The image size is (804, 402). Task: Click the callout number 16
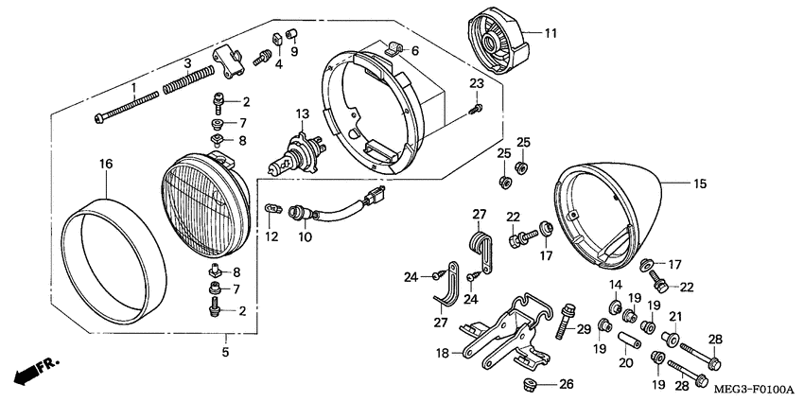106,165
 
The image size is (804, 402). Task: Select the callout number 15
700,184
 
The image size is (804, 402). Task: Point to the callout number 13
302,114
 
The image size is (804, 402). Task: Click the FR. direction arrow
33,369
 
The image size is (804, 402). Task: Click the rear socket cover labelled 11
496,44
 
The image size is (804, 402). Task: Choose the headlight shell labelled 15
615,213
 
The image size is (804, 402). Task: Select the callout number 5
226,353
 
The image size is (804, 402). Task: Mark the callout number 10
305,236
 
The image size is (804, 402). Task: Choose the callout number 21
675,316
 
